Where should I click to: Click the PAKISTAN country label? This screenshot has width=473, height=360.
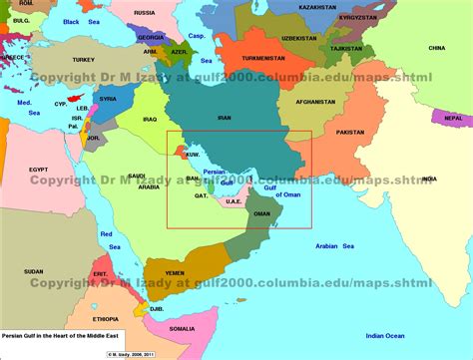[x=350, y=132]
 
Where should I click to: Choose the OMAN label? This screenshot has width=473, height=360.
[x=261, y=213]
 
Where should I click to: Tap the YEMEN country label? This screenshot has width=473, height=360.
[x=174, y=271]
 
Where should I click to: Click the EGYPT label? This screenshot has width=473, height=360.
[x=38, y=170]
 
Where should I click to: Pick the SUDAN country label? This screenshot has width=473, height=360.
[x=33, y=271]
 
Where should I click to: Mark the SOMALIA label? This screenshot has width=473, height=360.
[x=183, y=328]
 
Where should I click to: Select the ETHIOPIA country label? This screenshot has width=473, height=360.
[x=104, y=319]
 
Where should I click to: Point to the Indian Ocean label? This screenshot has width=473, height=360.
[x=382, y=336]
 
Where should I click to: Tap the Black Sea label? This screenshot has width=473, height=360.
[x=79, y=21]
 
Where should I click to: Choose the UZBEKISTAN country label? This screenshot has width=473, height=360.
[x=298, y=38]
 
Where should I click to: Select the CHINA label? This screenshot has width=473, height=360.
[x=436, y=48]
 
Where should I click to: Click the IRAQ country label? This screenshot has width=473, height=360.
[x=151, y=119]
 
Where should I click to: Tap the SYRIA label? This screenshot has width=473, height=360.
[x=108, y=99]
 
